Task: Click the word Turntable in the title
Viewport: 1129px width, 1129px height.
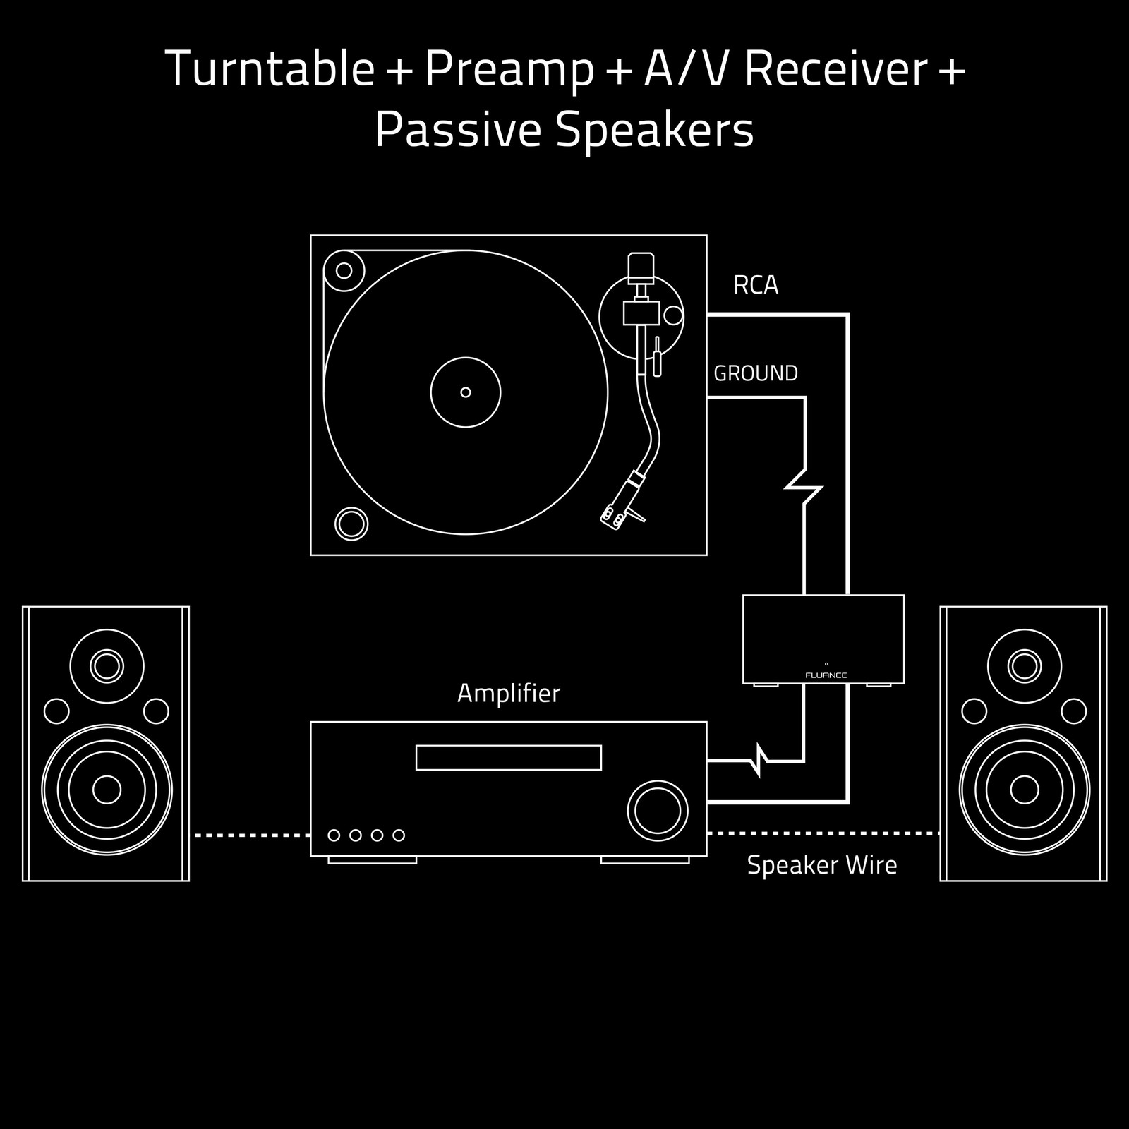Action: coord(270,69)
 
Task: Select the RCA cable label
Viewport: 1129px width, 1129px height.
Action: coord(756,285)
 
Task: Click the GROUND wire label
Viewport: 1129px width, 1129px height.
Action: coord(756,373)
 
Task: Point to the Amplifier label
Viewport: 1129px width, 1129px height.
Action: coord(508,694)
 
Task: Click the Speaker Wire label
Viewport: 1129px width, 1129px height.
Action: coord(822,865)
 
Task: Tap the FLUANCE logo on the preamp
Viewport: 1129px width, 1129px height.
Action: coord(826,675)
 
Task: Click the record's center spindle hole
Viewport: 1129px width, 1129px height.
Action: coord(465,392)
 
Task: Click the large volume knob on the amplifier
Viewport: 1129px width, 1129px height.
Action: coord(658,811)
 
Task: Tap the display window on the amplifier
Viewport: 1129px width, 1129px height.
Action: coord(508,758)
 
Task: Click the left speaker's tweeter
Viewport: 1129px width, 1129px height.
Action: coord(107,666)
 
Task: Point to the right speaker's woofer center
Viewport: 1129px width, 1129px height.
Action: coord(1025,790)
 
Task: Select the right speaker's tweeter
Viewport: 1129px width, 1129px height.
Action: coord(1025,666)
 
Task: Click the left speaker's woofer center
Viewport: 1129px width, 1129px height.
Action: coord(107,790)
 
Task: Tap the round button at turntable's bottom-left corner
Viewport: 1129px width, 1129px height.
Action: coord(351,524)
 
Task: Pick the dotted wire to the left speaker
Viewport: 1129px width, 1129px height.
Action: coord(252,835)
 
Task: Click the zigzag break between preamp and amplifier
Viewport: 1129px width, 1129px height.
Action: coord(759,761)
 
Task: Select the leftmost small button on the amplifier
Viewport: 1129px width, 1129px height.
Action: coord(334,835)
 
